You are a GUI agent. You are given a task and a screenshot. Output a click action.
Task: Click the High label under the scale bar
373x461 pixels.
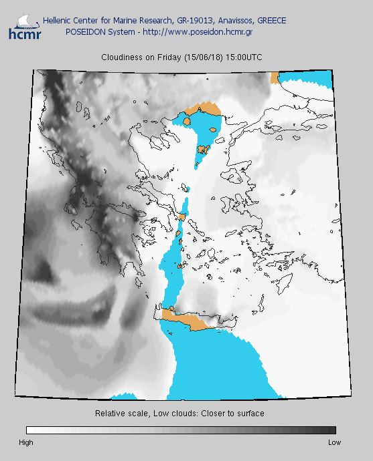26,442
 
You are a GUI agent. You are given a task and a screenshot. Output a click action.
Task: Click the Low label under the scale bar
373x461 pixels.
334,442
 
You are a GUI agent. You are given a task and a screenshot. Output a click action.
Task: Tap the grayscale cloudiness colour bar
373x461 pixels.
181,430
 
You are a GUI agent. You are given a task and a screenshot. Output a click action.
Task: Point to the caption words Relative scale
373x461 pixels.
121,414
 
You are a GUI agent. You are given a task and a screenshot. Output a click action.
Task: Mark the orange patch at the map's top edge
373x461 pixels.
275,77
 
